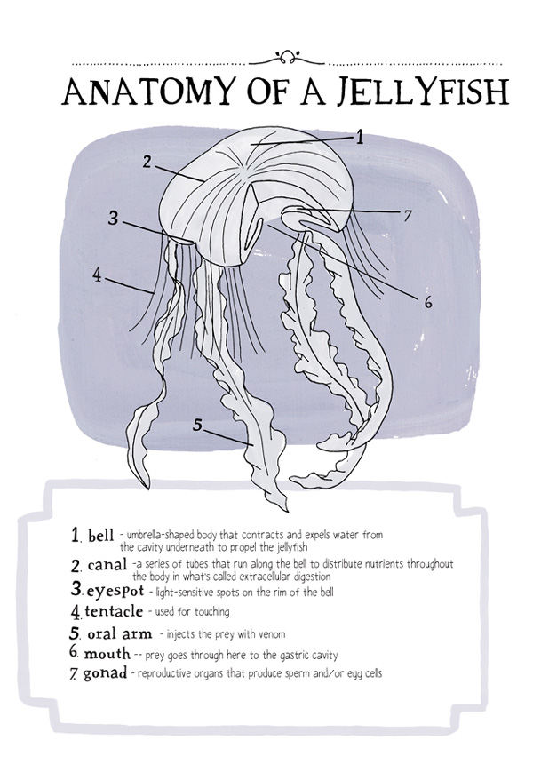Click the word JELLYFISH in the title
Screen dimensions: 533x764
click(x=423, y=92)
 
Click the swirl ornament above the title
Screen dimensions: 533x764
click(x=286, y=58)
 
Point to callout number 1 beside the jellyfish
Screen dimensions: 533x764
click(x=360, y=138)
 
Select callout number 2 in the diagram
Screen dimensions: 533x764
click(x=147, y=162)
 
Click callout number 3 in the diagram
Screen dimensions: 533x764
click(x=113, y=218)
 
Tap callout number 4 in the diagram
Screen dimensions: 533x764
click(x=98, y=275)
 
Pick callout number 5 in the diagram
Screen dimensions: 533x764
click(x=197, y=425)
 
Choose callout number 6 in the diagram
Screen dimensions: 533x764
click(x=428, y=302)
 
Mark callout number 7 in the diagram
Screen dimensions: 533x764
click(x=408, y=216)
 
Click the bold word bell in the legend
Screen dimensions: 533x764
click(x=101, y=536)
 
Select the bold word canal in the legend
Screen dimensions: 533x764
click(x=107, y=565)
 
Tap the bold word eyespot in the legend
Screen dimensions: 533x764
click(x=115, y=592)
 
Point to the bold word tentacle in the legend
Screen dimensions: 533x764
click(x=114, y=611)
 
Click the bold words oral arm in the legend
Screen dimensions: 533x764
click(x=120, y=634)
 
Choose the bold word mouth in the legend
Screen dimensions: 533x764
click(x=107, y=653)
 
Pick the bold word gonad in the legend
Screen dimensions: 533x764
click(x=105, y=674)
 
